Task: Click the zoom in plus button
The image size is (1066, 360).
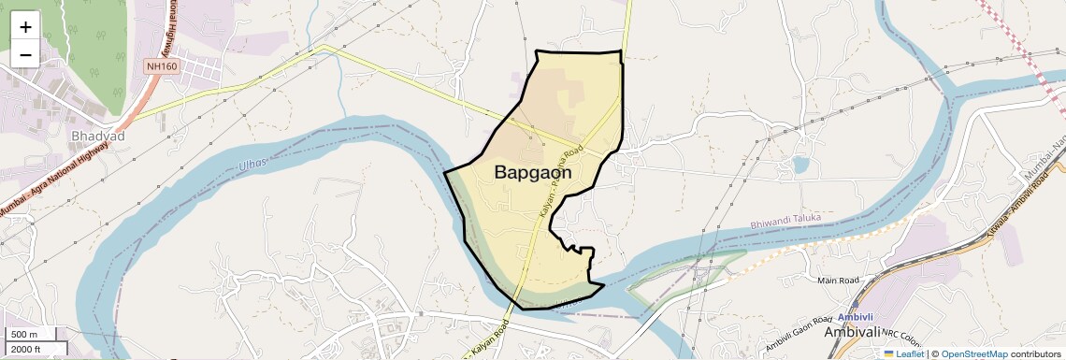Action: tap(25, 26)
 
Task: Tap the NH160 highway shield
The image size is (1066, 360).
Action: tap(161, 66)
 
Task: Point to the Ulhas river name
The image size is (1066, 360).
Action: tap(252, 165)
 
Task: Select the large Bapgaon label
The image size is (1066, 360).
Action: tap(532, 172)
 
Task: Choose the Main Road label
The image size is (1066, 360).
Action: tap(838, 280)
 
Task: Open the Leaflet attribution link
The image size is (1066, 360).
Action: tap(903, 353)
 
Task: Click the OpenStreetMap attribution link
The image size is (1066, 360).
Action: tap(974, 353)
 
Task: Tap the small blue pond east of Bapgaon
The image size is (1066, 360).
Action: tap(800, 166)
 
